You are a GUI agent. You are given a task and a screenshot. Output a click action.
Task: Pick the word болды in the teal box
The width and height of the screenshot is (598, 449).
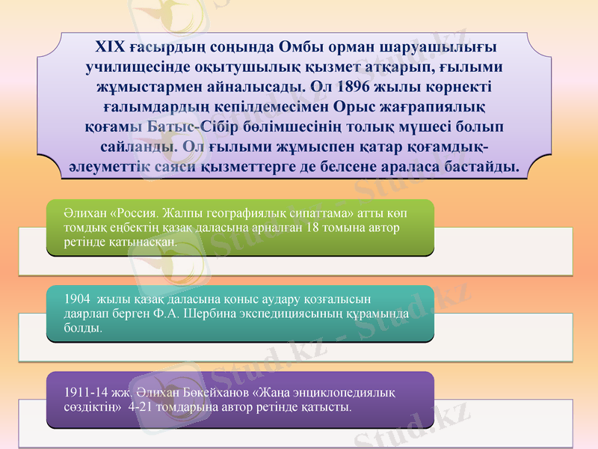82,328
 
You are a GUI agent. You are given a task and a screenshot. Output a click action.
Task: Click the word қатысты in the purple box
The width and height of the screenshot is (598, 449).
327,407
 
